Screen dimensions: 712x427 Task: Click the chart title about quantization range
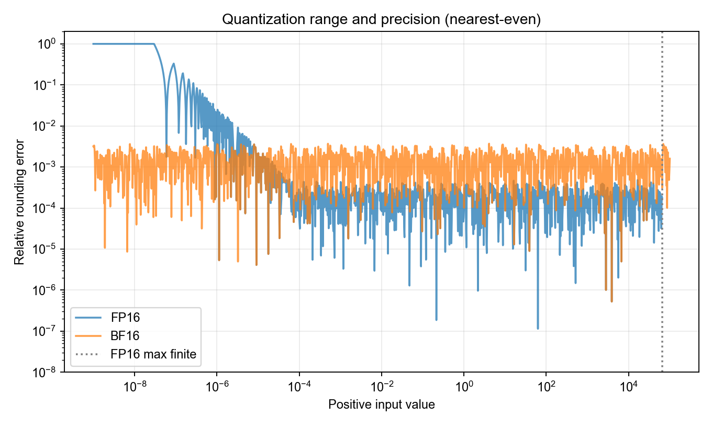[x=381, y=19]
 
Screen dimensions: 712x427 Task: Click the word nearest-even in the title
[x=491, y=19]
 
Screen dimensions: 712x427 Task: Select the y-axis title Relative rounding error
[x=19, y=202]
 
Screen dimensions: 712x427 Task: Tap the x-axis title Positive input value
[x=382, y=405]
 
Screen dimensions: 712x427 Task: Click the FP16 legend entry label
[x=125, y=318]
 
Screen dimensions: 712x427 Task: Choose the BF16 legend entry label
[x=125, y=336]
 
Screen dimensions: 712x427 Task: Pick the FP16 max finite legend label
[x=153, y=354]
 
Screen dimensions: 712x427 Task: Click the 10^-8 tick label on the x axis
[x=135, y=386]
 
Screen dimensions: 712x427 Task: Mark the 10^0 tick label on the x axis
[x=464, y=386]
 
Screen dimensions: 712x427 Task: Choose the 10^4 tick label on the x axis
[x=629, y=386]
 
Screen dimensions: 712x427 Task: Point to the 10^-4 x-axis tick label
[x=299, y=386]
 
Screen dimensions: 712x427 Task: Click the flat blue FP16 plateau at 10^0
[x=124, y=44]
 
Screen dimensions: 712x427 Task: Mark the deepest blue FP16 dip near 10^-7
[x=538, y=328]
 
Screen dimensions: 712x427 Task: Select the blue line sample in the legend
[x=88, y=318]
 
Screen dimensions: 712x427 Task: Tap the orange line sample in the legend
[x=88, y=336]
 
